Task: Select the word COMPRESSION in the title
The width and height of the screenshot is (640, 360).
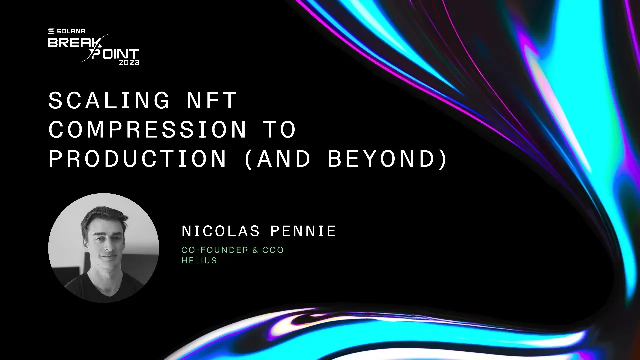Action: coord(148,130)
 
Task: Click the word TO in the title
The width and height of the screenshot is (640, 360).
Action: coord(281,130)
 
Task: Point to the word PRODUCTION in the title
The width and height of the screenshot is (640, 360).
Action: coord(138,159)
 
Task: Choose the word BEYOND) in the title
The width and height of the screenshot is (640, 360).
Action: coord(388,159)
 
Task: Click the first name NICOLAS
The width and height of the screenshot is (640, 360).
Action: coord(221,231)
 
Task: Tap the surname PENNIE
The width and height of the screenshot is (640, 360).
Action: coord(303,231)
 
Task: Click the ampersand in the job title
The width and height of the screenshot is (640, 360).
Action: coord(255,250)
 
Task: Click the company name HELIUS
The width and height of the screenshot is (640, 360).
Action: coord(199,260)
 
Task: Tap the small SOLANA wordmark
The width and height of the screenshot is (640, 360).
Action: coord(70,31)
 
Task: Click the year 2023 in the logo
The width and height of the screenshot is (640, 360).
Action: coord(129,63)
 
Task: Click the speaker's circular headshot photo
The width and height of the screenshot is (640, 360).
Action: coord(104,248)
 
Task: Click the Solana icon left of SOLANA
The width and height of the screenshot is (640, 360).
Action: coord(51,31)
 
